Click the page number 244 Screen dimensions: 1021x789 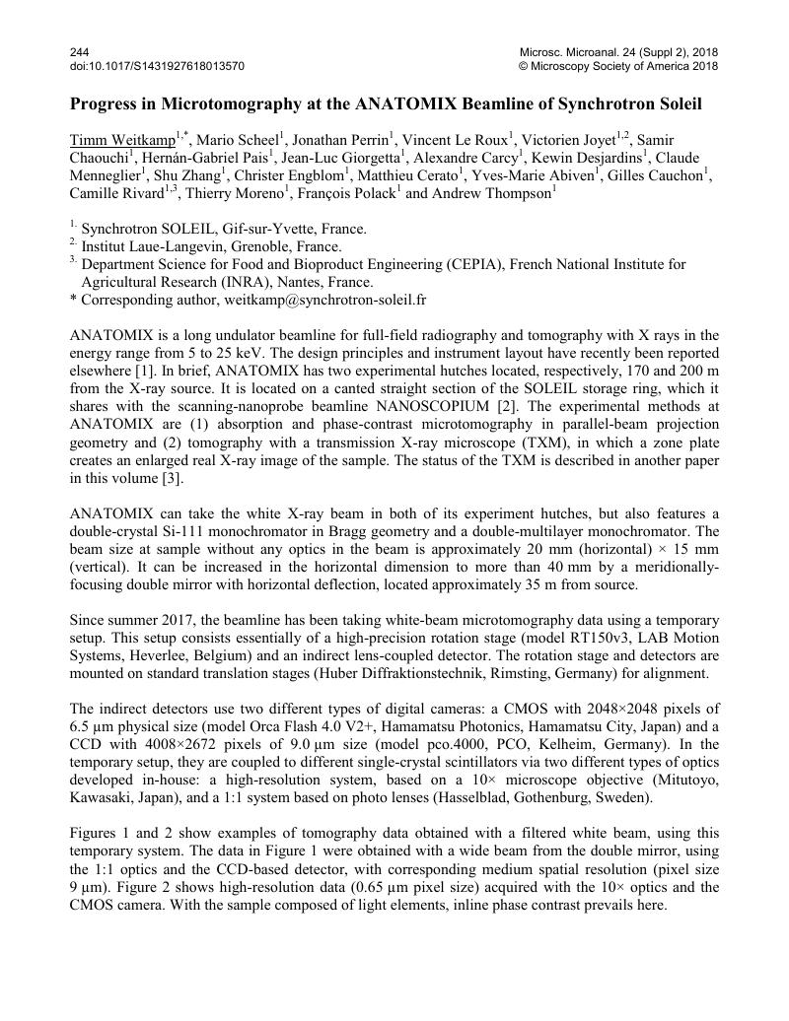(80, 51)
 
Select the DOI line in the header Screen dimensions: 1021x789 (157, 66)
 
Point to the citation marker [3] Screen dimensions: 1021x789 (158, 478)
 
